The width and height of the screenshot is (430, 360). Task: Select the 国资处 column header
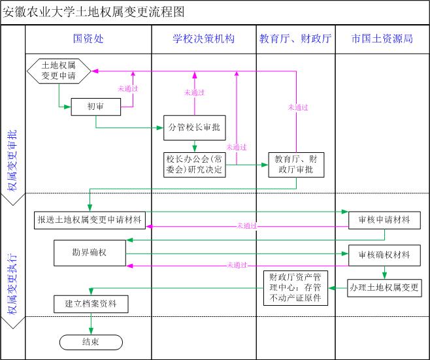pyautogui.click(x=88, y=39)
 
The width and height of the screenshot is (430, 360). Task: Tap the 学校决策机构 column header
pyautogui.click(x=203, y=39)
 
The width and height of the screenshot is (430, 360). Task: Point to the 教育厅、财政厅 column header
pyautogui.click(x=295, y=39)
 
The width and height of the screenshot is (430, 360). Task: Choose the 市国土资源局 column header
pyautogui.click(x=382, y=39)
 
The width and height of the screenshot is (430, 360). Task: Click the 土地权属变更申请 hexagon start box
pyautogui.click(x=58, y=70)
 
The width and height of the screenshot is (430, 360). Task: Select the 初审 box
pyautogui.click(x=95, y=106)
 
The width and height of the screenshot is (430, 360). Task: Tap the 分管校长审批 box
pyautogui.click(x=195, y=127)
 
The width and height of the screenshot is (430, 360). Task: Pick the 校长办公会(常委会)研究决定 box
pyautogui.click(x=194, y=165)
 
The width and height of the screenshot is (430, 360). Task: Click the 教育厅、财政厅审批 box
pyautogui.click(x=295, y=165)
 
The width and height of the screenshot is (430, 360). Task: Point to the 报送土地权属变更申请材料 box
pyautogui.click(x=90, y=220)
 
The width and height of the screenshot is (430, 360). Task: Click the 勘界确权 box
pyautogui.click(x=90, y=251)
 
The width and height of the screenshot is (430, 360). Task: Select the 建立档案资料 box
pyautogui.click(x=90, y=304)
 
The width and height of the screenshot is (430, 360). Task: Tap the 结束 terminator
pyautogui.click(x=90, y=342)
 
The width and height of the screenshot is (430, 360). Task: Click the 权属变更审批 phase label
pyautogui.click(x=12, y=160)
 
